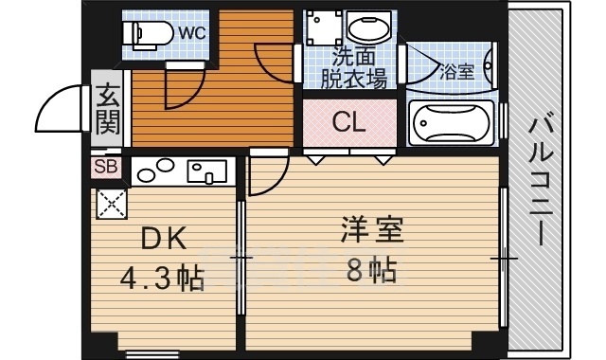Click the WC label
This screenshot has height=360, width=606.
[x=192, y=34]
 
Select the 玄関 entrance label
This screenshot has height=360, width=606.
[x=107, y=109]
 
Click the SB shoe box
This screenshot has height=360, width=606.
[x=106, y=167]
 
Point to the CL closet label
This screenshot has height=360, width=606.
[x=349, y=122]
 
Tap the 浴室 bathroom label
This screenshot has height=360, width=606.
[x=456, y=72]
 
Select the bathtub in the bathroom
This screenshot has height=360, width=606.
[x=452, y=122]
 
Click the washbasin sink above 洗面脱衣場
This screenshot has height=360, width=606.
[x=369, y=27]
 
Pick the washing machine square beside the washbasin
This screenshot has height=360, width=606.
[x=324, y=27]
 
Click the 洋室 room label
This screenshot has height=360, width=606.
[x=372, y=229]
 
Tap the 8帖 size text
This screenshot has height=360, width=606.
[x=371, y=270]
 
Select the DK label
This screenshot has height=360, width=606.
[x=164, y=238]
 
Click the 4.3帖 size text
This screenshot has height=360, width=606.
[x=162, y=278]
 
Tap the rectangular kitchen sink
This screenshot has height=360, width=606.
[x=206, y=171]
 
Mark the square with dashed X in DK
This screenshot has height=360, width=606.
[x=112, y=205]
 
